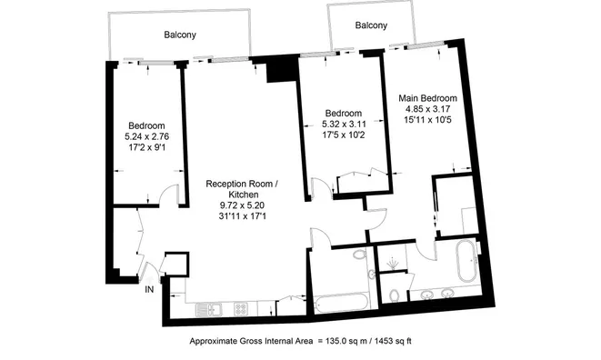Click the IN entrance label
click(149, 290)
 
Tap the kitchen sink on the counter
click(209, 309)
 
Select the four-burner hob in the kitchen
click(241, 309)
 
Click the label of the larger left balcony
click(180, 35)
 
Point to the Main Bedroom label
click(427, 98)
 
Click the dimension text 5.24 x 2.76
click(146, 136)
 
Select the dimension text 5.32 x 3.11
click(344, 125)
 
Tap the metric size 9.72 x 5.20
click(242, 205)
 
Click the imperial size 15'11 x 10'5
click(427, 120)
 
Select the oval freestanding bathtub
click(466, 262)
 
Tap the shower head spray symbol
click(391, 264)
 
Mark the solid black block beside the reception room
click(282, 69)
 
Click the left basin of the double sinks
click(427, 295)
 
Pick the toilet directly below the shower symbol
click(394, 296)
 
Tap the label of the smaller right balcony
click(371, 25)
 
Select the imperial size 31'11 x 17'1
click(242, 216)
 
